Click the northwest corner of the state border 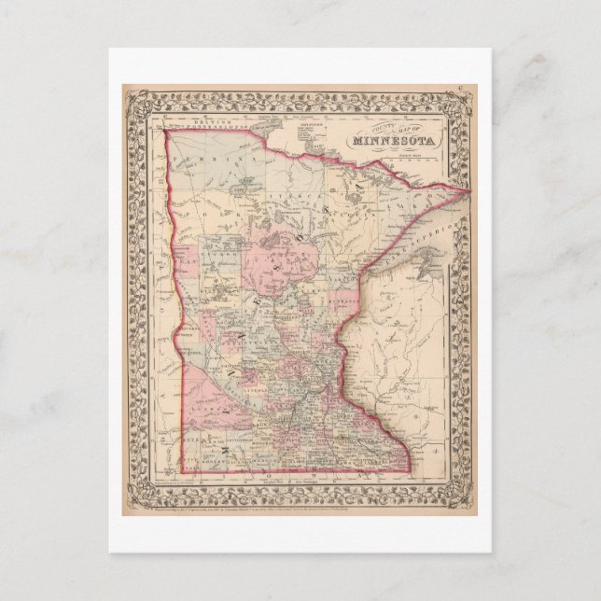pos(166,132)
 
